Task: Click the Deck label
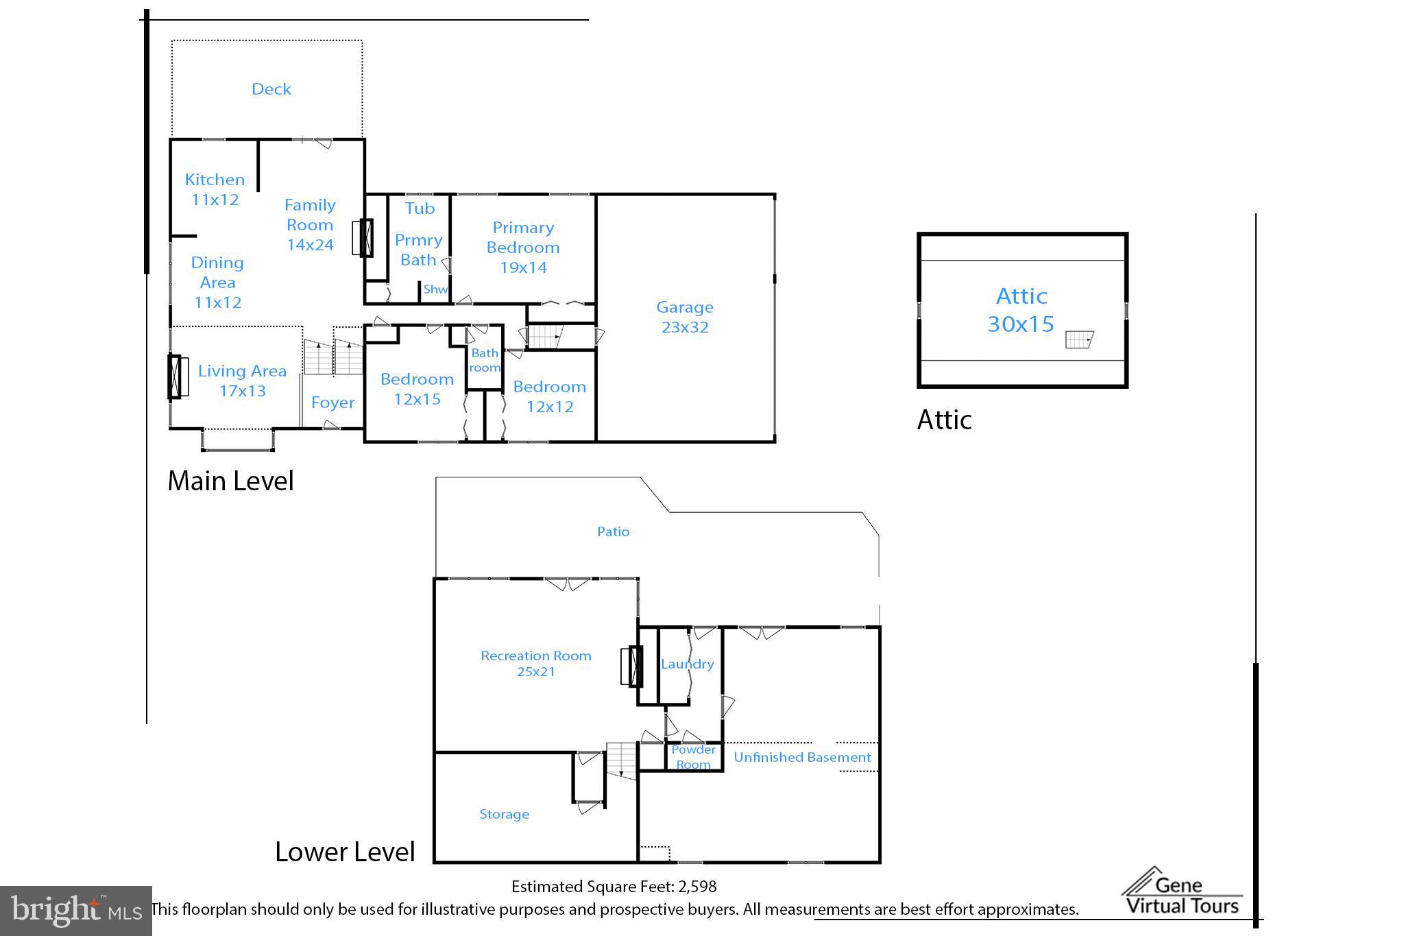[x=271, y=89]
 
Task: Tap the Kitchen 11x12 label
[x=215, y=189]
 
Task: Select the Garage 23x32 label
[x=685, y=317]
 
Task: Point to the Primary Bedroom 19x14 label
[x=523, y=248]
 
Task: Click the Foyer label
[x=332, y=403]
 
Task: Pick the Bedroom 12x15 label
[x=417, y=389]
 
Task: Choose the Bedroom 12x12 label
[x=550, y=396]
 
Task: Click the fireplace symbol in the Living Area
[x=178, y=376]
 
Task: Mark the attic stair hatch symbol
[x=1079, y=339]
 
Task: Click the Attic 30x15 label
[x=1021, y=310]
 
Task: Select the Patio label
[x=613, y=531]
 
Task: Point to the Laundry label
[x=688, y=664]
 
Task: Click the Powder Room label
[x=693, y=757]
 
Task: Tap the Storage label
[x=504, y=815]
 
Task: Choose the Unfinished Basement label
[x=802, y=757]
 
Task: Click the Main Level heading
[x=230, y=481]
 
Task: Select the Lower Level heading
[x=345, y=852]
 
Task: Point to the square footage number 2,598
[x=697, y=887]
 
